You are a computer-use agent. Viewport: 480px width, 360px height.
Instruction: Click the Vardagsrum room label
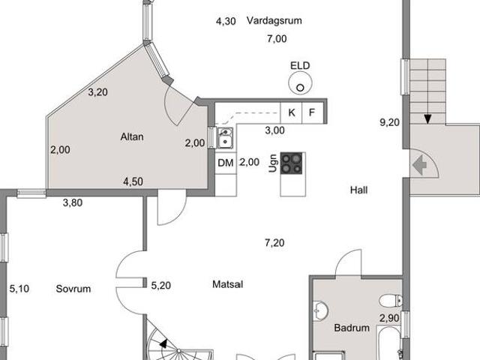pyautogui.click(x=274, y=20)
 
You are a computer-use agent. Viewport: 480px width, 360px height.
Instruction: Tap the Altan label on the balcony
pyautogui.click(x=132, y=136)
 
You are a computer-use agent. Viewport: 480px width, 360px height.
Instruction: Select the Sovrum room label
pyautogui.click(x=73, y=289)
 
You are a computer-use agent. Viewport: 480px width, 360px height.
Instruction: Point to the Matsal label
pyautogui.click(x=228, y=284)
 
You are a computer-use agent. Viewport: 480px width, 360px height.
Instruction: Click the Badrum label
pyautogui.click(x=352, y=328)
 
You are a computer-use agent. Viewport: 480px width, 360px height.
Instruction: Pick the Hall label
pyautogui.click(x=358, y=190)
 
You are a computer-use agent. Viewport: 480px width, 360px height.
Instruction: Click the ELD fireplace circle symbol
pyautogui.click(x=300, y=83)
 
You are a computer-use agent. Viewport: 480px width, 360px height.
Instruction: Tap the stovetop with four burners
pyautogui.click(x=292, y=163)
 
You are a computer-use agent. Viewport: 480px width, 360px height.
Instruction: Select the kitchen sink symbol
pyautogui.click(x=225, y=138)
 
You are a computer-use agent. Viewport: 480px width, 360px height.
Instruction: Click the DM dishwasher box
pyautogui.click(x=226, y=163)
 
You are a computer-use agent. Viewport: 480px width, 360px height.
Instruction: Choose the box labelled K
pyautogui.click(x=292, y=113)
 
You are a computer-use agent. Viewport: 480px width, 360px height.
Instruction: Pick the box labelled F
pyautogui.click(x=313, y=113)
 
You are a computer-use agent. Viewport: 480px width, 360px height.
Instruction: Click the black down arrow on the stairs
pyautogui.click(x=427, y=118)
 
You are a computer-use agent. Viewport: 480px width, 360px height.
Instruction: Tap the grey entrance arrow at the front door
pyautogui.click(x=420, y=165)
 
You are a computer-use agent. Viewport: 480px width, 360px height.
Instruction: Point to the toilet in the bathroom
pyautogui.click(x=391, y=301)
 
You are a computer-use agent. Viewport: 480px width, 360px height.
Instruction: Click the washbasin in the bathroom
pyautogui.click(x=320, y=311)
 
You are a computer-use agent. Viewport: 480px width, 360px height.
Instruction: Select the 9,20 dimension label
pyautogui.click(x=390, y=122)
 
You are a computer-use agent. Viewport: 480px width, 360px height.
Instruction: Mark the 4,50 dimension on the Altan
pyautogui.click(x=133, y=181)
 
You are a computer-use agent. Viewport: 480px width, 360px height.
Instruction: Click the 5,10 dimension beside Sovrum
pyautogui.click(x=19, y=289)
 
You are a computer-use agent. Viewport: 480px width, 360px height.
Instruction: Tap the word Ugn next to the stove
pyautogui.click(x=273, y=163)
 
